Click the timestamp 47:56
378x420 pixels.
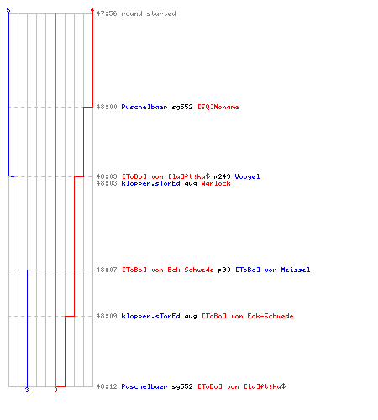[x=107, y=13]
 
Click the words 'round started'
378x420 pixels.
[x=149, y=13]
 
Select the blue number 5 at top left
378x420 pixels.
[x=8, y=10]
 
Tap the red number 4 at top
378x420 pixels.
[x=92, y=10]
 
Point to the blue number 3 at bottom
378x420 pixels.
[x=27, y=390]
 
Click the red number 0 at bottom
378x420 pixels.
[x=55, y=390]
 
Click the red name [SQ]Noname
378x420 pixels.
[x=218, y=107]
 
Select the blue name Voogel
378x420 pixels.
[x=247, y=176]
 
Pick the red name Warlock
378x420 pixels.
[x=216, y=183]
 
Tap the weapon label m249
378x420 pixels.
[x=222, y=176]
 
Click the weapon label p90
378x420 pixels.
[x=224, y=270]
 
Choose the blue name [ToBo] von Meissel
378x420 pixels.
[x=273, y=270]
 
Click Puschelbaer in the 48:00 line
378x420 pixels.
[x=144, y=107]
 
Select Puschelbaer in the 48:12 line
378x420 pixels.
[x=144, y=386]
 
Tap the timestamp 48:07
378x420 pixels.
[x=107, y=270]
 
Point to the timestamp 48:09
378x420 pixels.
[x=107, y=316]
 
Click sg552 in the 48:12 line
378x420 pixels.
[x=182, y=386]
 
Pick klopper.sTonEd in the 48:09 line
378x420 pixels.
[x=150, y=316]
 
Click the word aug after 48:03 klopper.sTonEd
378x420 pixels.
[x=191, y=184]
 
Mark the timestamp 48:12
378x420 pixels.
[x=107, y=386]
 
